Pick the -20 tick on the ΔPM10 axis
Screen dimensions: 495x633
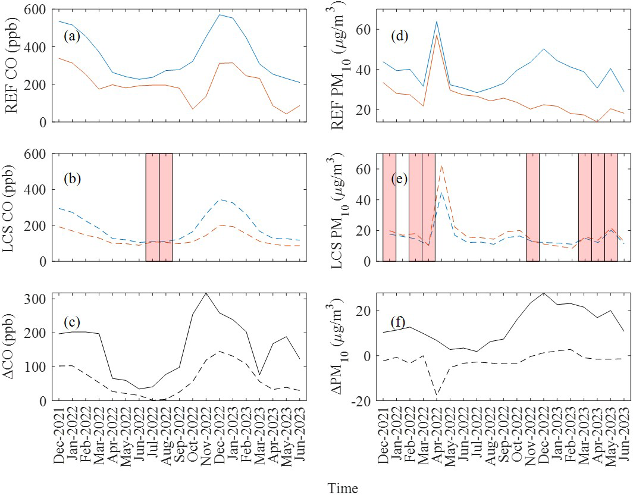click(x=365, y=401)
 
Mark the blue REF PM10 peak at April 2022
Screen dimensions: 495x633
click(x=436, y=22)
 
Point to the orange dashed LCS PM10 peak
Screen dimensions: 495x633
click(x=441, y=166)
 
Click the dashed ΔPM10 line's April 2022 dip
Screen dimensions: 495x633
click(x=436, y=394)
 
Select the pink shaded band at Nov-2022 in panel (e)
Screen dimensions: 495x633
click(x=532, y=207)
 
